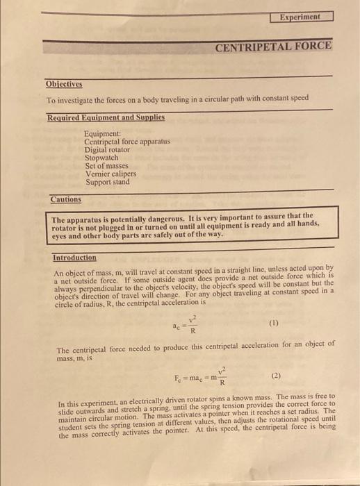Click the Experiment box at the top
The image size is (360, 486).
click(x=301, y=15)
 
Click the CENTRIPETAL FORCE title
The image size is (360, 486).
click(x=273, y=48)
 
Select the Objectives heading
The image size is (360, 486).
click(x=64, y=85)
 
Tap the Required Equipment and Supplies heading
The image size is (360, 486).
click(x=106, y=118)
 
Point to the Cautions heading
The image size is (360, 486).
click(x=65, y=200)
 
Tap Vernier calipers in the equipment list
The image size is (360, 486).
click(x=111, y=174)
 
